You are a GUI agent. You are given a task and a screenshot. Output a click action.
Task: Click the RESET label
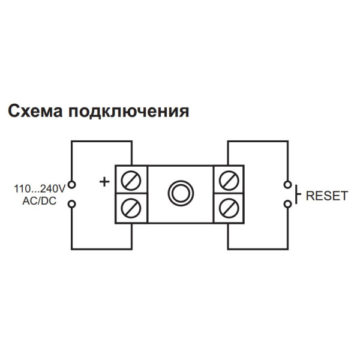click(x=326, y=196)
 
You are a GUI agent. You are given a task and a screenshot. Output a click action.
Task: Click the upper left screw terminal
click(x=131, y=179)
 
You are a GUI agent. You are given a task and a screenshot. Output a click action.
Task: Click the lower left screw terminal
click(x=131, y=208)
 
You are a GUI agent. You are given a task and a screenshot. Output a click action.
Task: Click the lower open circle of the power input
click(x=72, y=204)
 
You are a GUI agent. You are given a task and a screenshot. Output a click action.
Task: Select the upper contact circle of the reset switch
click(x=288, y=184)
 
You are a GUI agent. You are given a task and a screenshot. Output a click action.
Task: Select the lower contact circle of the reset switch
click(x=288, y=204)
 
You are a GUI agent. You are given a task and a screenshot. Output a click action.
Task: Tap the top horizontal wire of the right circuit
click(x=258, y=142)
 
